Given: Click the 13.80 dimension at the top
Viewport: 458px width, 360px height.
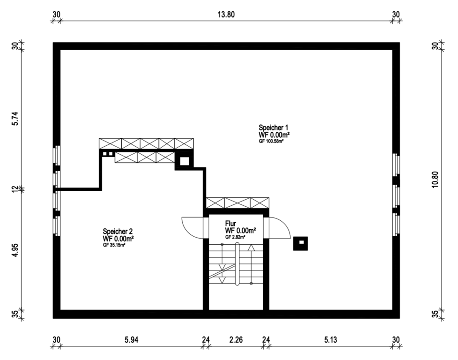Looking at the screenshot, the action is tap(226, 15).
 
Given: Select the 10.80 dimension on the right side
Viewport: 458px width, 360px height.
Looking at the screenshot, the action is tap(435, 179).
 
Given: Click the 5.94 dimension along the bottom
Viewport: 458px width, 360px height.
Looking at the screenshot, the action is tap(131, 339).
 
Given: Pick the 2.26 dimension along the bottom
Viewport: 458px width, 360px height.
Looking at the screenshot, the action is tap(236, 339).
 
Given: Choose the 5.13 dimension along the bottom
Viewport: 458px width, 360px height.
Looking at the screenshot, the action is tap(330, 339).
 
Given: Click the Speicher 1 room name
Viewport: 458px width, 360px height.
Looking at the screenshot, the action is tap(273, 127).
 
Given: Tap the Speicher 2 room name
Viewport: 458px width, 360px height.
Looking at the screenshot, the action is tap(118, 231).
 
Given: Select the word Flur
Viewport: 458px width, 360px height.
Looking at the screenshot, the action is tap(230, 224).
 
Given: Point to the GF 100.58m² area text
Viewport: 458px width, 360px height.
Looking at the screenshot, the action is tap(271, 141).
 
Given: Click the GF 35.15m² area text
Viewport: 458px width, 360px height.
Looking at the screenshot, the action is tap(114, 245).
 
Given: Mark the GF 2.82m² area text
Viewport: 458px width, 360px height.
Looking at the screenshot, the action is tap(235, 237).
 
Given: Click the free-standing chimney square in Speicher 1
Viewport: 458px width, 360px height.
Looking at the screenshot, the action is tap(301, 243).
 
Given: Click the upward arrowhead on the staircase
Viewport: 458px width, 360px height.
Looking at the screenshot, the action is tap(251, 247).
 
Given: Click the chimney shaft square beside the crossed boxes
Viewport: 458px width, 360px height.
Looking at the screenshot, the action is tap(184, 161).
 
